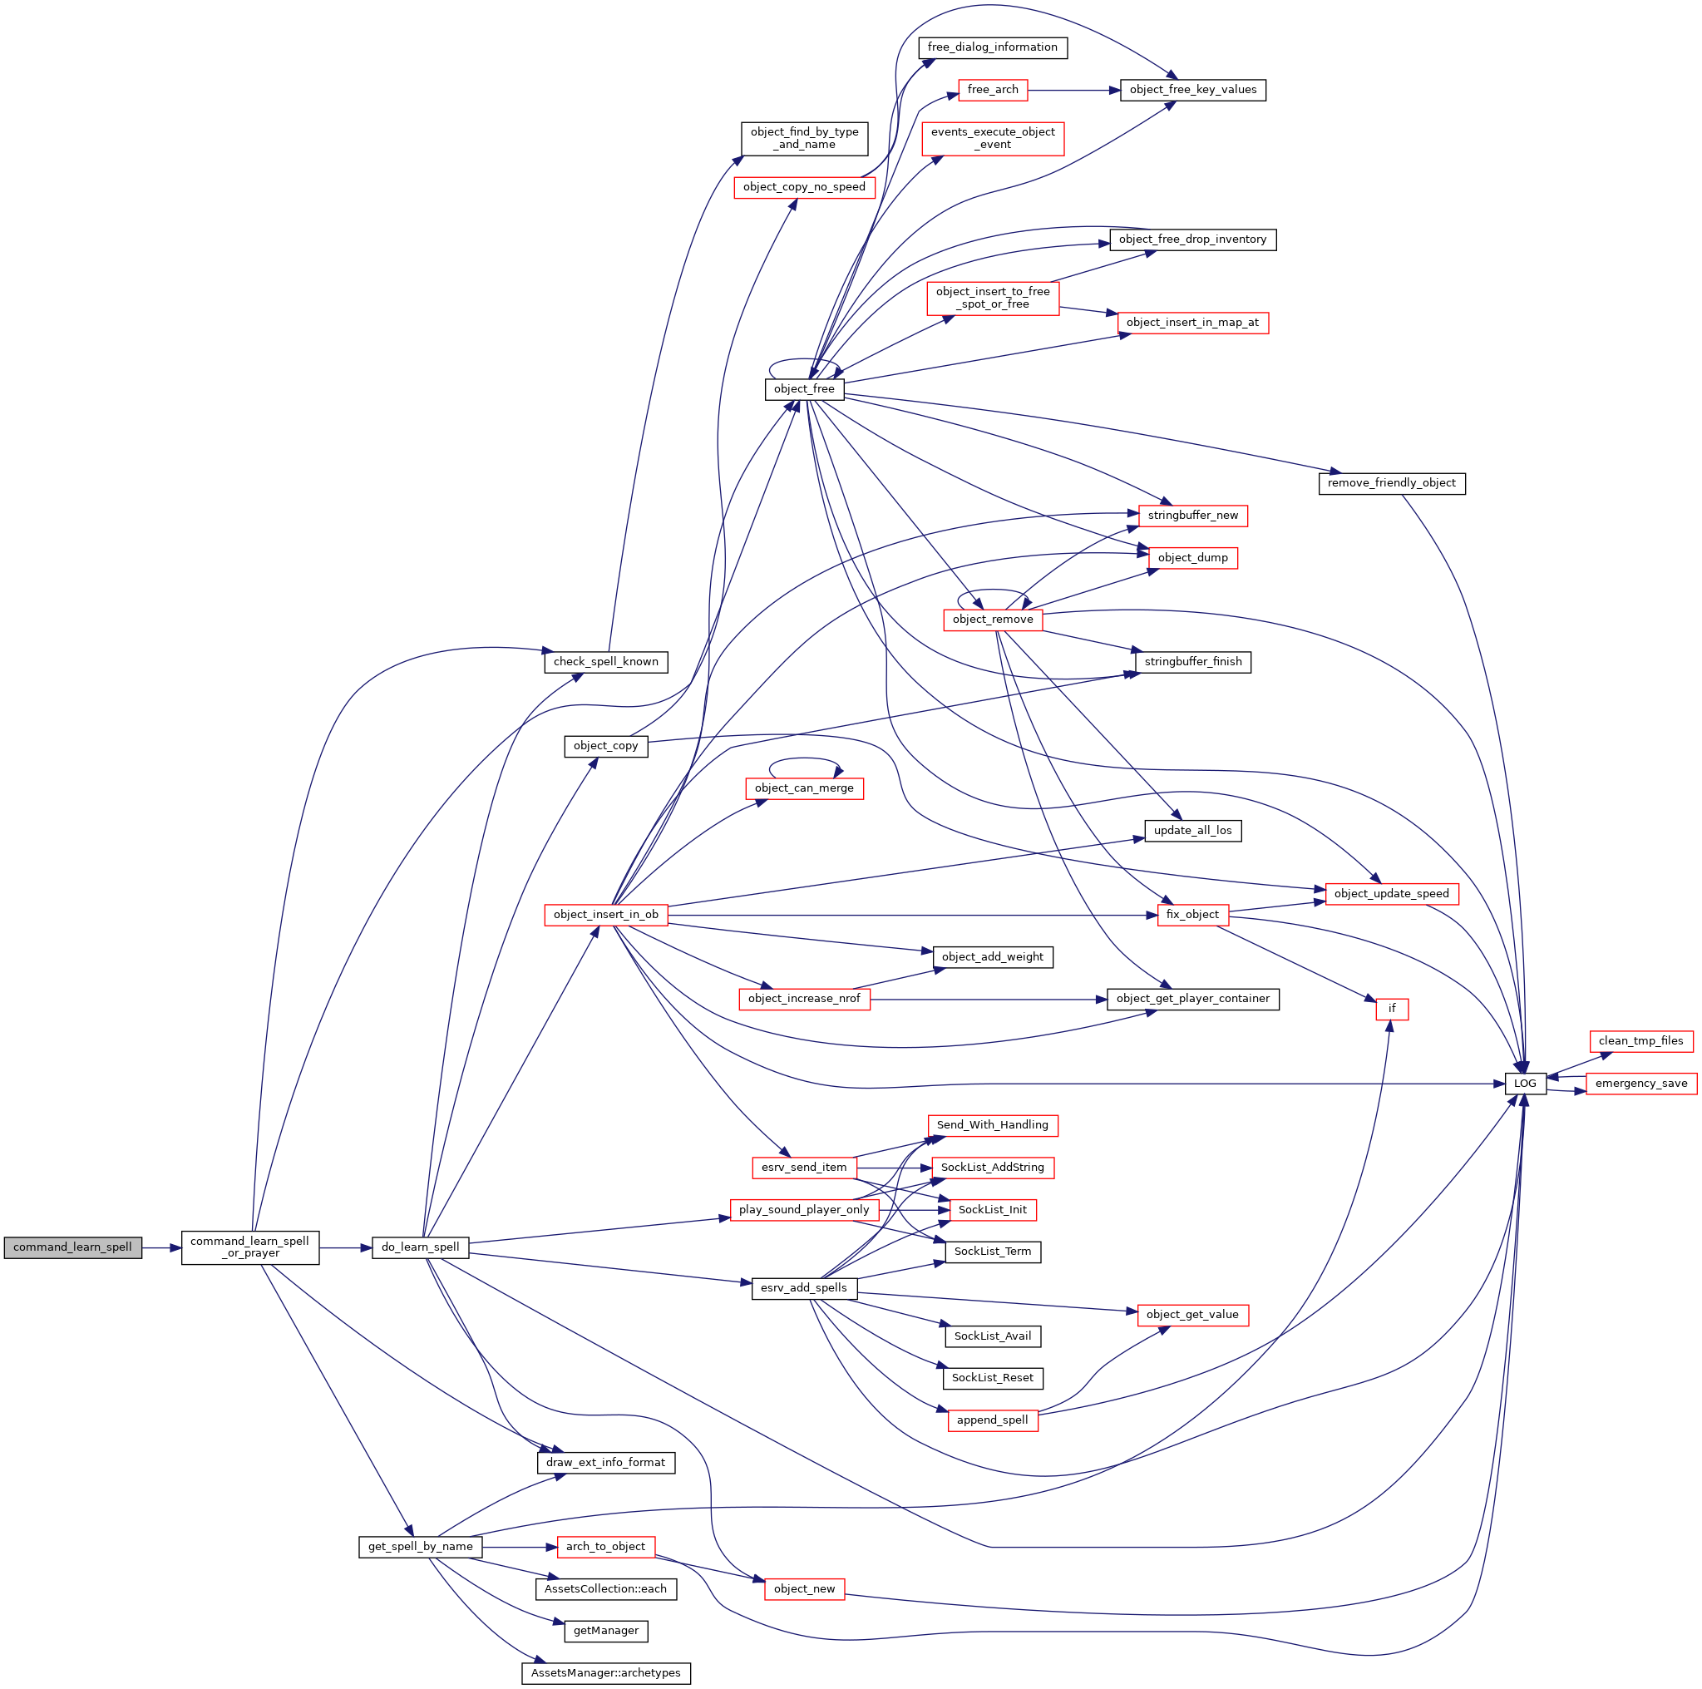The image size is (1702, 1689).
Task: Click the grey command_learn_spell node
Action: point(72,1247)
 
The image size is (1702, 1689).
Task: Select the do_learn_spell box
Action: point(420,1247)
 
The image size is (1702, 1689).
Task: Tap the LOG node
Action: point(1525,1084)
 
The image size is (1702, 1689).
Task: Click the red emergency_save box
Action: point(1641,1084)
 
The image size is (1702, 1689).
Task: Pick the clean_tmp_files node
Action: point(1641,1041)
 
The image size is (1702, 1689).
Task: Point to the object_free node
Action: point(804,388)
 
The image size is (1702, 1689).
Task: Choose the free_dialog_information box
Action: point(993,47)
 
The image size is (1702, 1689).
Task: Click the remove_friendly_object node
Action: point(1392,484)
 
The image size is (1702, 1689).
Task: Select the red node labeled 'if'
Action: point(1392,1009)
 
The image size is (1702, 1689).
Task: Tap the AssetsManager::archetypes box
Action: point(606,1673)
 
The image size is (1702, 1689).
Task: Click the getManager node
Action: point(606,1631)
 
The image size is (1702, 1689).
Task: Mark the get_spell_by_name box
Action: point(420,1546)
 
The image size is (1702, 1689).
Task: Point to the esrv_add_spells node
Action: point(804,1288)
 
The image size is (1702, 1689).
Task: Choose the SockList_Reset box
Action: point(993,1378)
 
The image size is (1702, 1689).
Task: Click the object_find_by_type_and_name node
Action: point(804,138)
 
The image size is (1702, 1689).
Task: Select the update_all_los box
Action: point(1193,831)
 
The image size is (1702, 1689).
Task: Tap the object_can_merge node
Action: point(804,788)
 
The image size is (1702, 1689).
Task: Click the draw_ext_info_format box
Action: point(606,1463)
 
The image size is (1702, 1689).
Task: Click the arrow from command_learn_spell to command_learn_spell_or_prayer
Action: point(162,1248)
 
